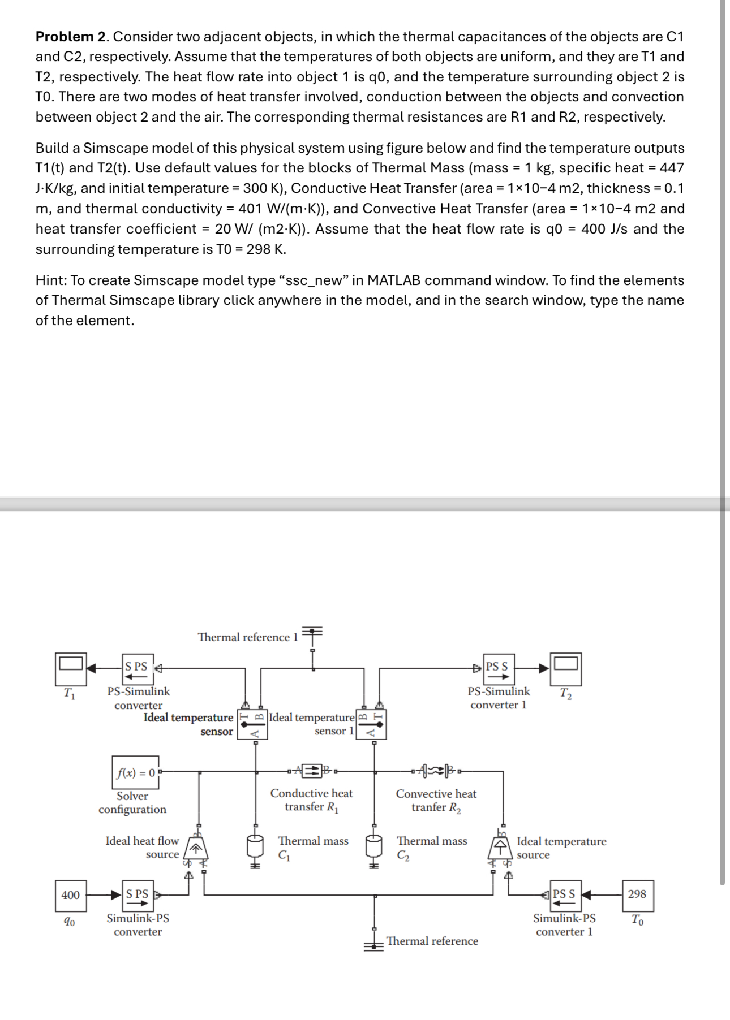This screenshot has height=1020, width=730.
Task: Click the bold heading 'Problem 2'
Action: tap(71, 37)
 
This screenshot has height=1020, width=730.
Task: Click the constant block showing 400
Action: tap(71, 895)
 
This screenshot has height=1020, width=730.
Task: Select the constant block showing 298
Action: tap(637, 894)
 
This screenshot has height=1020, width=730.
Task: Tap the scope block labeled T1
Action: tap(71, 668)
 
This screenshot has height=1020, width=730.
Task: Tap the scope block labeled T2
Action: tap(566, 668)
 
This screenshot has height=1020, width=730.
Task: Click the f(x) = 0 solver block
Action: tap(136, 772)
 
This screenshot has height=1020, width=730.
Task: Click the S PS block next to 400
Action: tap(138, 896)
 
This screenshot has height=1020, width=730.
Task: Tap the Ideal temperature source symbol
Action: tap(501, 848)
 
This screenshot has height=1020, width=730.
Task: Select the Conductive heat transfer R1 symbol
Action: tap(312, 770)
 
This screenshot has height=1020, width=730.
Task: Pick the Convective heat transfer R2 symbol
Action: tap(436, 770)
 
